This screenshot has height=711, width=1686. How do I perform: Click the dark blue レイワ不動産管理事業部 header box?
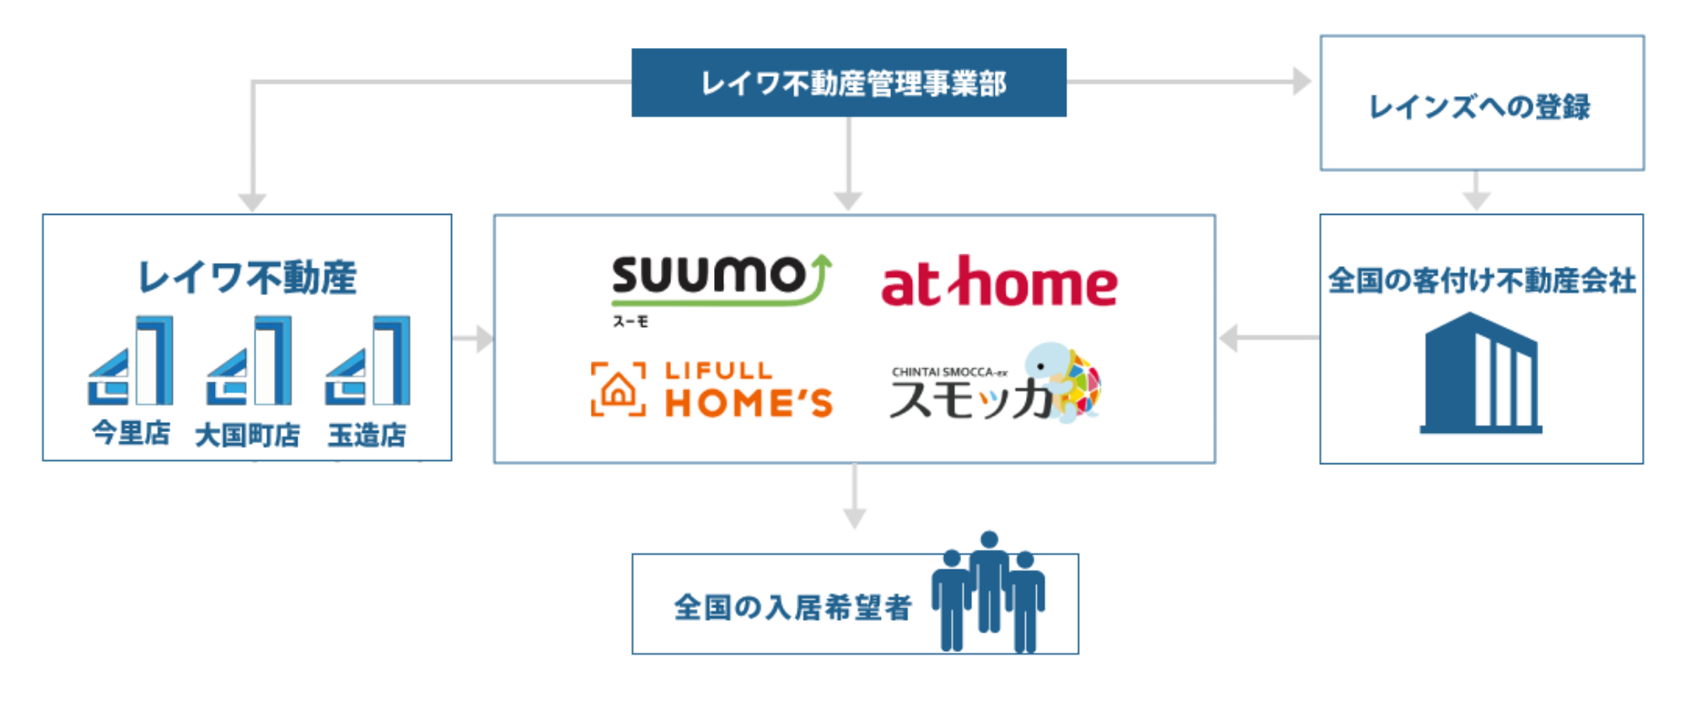coord(849,83)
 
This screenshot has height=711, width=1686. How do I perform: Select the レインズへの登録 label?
coord(1479,107)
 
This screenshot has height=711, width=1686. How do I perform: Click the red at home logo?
coord(999,282)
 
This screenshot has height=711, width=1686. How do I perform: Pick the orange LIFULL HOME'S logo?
coord(712,389)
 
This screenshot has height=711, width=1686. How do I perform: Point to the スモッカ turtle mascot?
coord(1062,381)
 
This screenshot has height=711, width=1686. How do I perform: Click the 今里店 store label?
coord(131,433)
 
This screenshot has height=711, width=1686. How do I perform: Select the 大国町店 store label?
coord(247,435)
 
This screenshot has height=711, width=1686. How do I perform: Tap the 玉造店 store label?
coord(367,435)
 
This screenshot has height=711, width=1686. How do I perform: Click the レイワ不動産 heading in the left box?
coord(247,277)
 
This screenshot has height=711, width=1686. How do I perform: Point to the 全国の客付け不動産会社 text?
coord(1482,281)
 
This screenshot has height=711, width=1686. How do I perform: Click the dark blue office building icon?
coord(1481,373)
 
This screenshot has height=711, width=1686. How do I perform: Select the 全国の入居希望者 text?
coord(792,607)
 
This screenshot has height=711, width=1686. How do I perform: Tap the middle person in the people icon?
coord(990,581)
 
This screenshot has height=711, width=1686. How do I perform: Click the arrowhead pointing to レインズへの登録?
coord(1302,82)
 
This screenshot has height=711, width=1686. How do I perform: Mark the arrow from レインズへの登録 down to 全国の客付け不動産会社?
coord(1476,190)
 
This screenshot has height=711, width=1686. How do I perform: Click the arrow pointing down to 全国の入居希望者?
coord(855,496)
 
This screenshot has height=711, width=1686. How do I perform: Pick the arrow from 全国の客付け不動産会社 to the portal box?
coord(1270,338)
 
